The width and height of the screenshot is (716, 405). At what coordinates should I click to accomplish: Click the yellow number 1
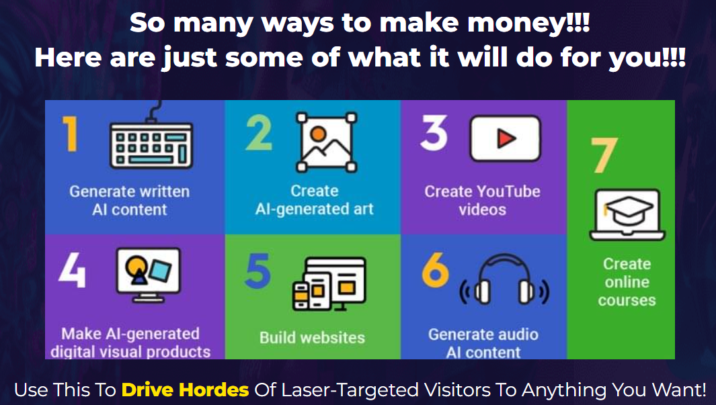click(71, 134)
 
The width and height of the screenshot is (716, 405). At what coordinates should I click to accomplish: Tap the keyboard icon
click(151, 139)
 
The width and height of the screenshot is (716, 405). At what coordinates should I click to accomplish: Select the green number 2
click(259, 133)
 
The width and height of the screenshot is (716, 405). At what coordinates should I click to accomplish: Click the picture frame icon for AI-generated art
click(326, 142)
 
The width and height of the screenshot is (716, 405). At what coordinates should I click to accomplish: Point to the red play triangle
click(506, 138)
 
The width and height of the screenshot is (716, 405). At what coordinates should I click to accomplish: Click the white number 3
click(434, 133)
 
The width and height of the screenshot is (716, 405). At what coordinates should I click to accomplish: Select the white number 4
click(72, 271)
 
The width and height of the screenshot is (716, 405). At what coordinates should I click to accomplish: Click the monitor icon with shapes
click(149, 275)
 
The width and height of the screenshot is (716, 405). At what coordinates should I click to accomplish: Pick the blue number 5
click(258, 271)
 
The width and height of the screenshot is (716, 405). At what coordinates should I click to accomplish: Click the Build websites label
click(313, 337)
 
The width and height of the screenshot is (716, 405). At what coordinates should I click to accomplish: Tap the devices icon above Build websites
click(329, 283)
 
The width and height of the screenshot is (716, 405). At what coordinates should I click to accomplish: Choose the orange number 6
click(435, 270)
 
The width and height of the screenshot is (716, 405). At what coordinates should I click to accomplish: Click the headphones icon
click(504, 279)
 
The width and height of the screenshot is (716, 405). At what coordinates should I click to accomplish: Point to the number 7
click(604, 156)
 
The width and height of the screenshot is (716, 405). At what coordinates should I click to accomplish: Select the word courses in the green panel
click(627, 300)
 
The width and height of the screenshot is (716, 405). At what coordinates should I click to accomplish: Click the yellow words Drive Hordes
click(185, 390)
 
